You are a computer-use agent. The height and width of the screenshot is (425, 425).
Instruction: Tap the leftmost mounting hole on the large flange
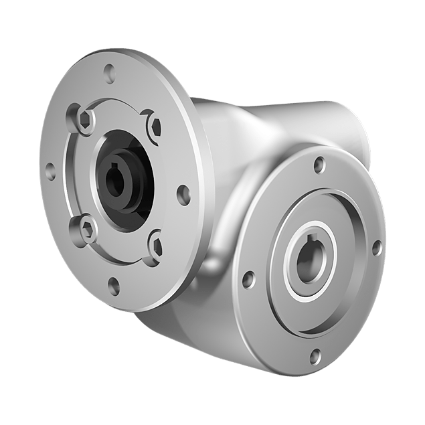tap(49, 169)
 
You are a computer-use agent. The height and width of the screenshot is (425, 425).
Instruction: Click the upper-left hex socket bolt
tap(84, 121)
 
